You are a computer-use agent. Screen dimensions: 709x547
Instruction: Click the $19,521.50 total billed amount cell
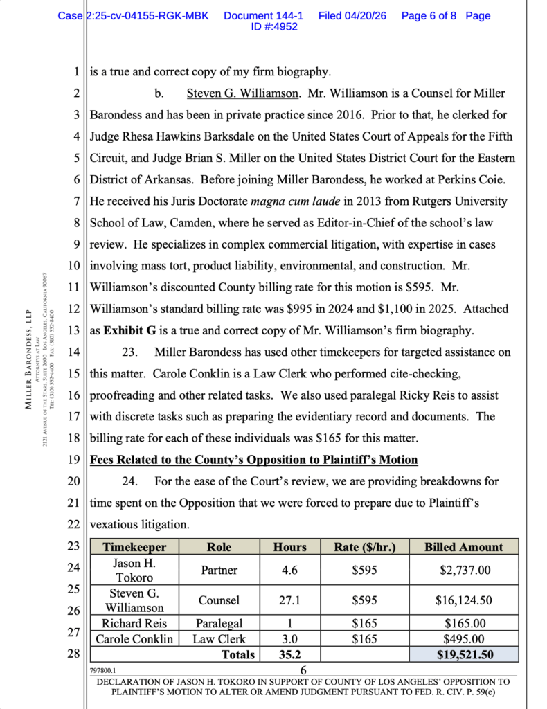[x=464, y=654]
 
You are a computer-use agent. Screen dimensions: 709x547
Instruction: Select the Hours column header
[x=289, y=547]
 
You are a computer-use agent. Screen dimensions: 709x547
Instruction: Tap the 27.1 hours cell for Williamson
[x=289, y=601]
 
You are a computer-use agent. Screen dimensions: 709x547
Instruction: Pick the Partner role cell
[x=218, y=571]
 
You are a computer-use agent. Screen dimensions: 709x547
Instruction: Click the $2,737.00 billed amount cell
[x=464, y=571]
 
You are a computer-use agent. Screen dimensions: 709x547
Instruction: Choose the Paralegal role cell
[x=218, y=623]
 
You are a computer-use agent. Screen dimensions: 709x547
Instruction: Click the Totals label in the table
[x=237, y=654]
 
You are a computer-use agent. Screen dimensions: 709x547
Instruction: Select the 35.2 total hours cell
[x=289, y=654]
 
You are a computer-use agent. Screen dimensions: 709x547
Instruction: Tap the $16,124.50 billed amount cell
[x=464, y=601]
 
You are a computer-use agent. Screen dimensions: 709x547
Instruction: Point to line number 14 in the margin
[x=75, y=352]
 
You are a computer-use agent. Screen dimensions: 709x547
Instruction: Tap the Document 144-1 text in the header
[x=263, y=16]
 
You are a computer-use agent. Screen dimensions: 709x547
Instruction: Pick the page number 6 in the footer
[x=303, y=670]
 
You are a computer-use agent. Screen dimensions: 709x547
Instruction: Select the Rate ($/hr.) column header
[x=365, y=547]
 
